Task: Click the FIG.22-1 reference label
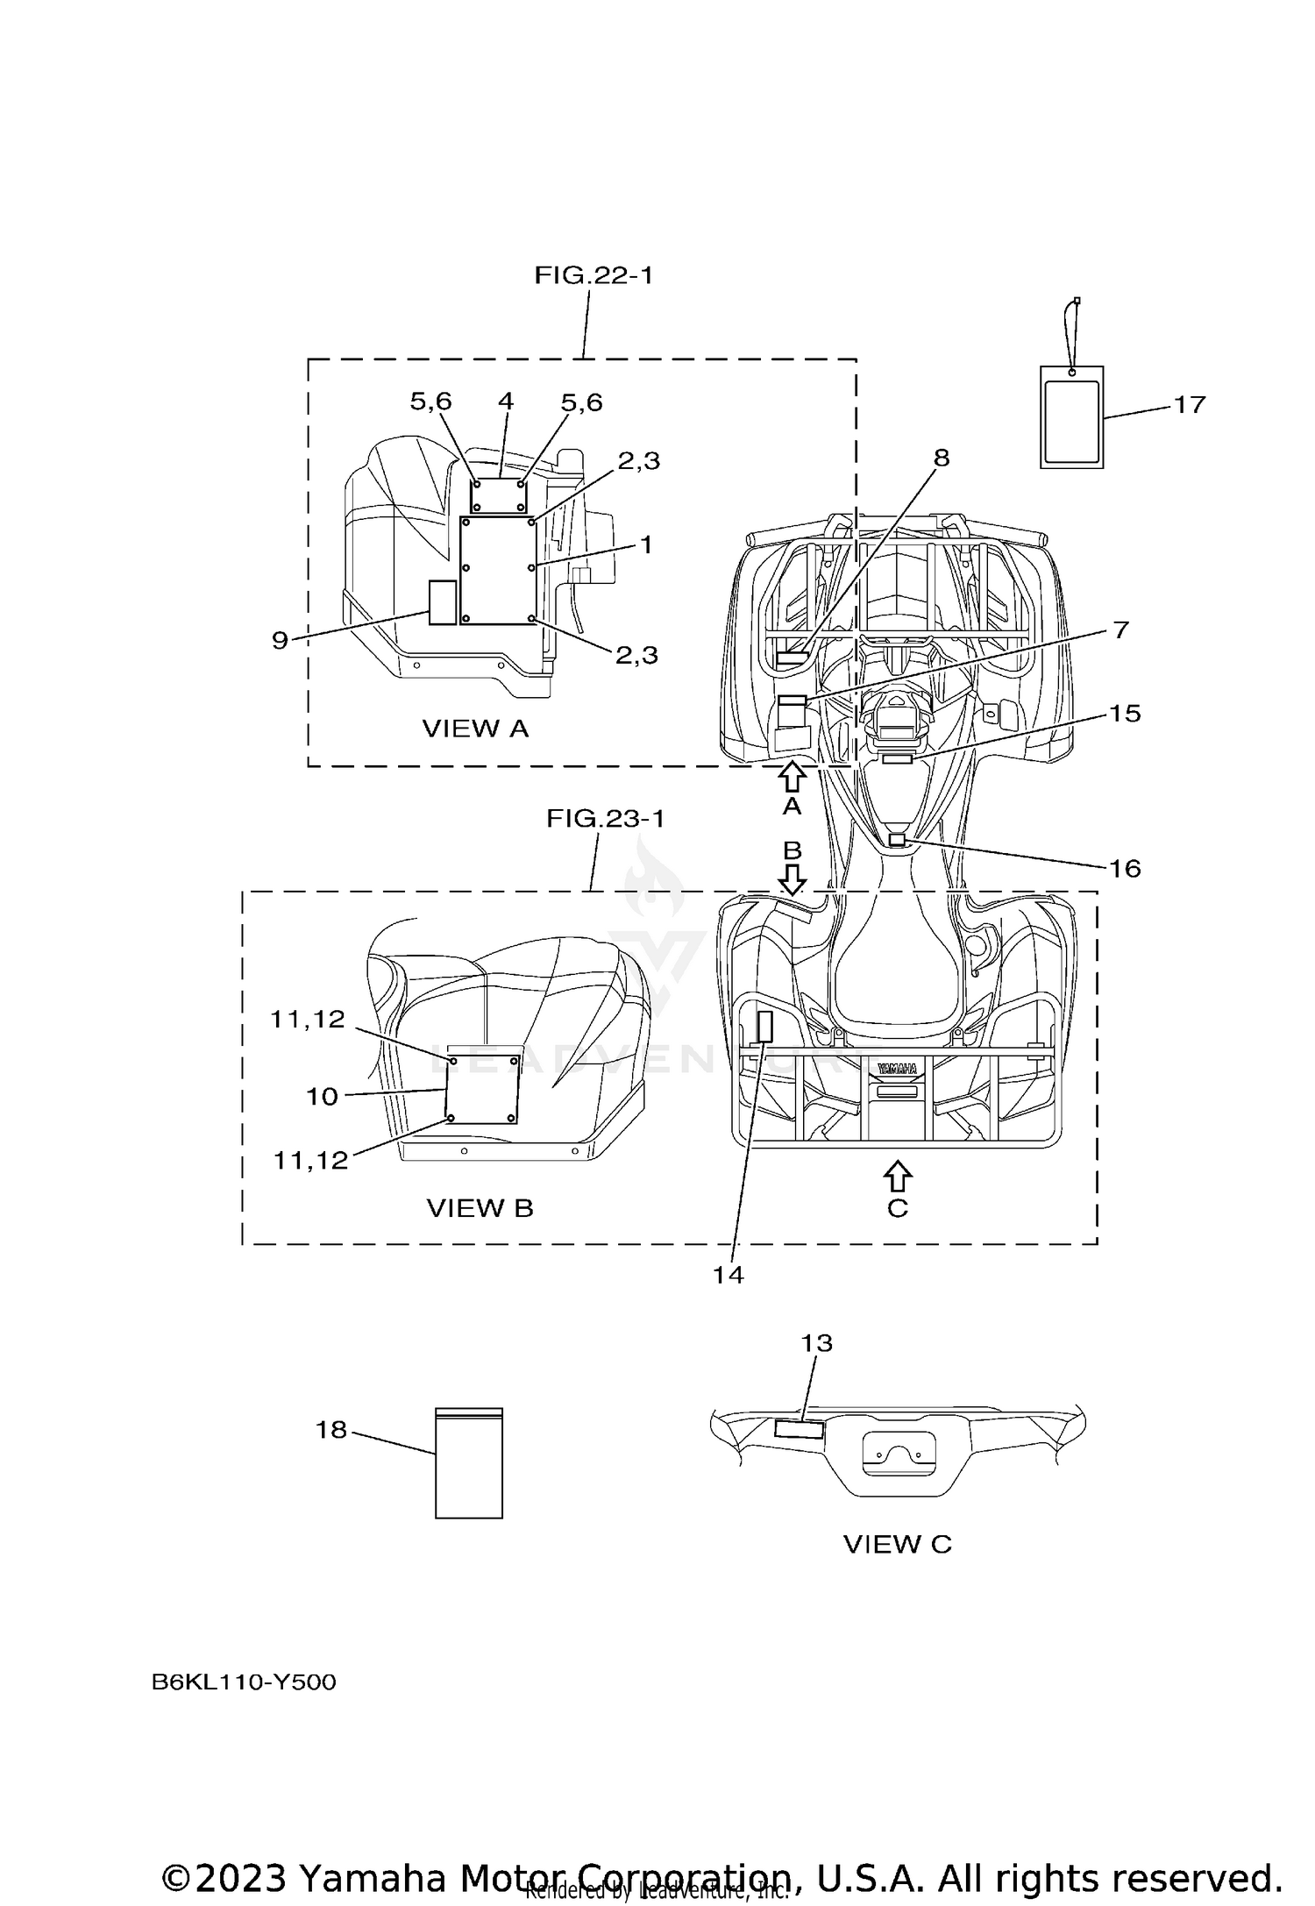(x=594, y=275)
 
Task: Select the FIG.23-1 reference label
(x=606, y=819)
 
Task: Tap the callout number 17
(x=1190, y=404)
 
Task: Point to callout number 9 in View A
(x=280, y=641)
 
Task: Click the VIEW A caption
(x=475, y=729)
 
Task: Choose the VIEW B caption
(x=480, y=1208)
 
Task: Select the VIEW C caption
(x=897, y=1544)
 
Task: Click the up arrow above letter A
(x=792, y=776)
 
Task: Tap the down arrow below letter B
(x=793, y=879)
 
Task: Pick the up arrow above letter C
(x=897, y=1176)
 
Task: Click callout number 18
(x=331, y=1430)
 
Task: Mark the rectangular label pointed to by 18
(x=469, y=1463)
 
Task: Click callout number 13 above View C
(x=816, y=1343)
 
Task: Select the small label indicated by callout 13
(x=799, y=1430)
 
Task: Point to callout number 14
(x=728, y=1275)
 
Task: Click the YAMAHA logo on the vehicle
(x=897, y=1069)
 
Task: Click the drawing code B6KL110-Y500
(x=244, y=1682)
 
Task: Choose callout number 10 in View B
(x=322, y=1096)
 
